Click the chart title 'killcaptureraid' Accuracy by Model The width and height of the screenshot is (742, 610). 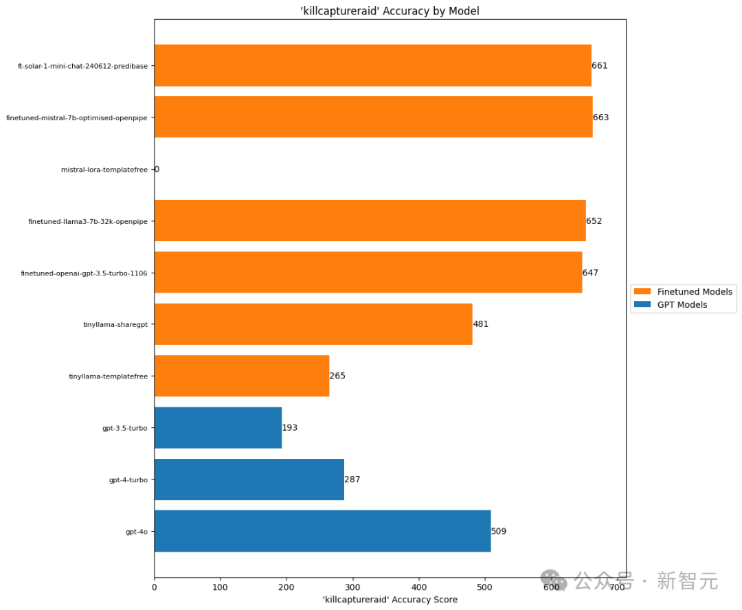point(390,10)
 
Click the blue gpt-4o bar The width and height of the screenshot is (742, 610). point(322,531)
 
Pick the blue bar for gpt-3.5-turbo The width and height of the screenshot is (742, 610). point(218,427)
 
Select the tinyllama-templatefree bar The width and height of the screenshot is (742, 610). point(242,376)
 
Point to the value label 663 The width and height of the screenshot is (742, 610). point(601,117)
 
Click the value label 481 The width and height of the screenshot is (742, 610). point(481,324)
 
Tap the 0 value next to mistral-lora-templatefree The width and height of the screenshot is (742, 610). point(157,169)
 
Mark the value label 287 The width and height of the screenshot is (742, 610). point(352,479)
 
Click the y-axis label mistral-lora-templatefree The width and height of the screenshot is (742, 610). point(104,170)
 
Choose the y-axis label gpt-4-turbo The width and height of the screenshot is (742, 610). point(128,480)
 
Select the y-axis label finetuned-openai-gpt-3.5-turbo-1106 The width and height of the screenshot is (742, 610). point(85,273)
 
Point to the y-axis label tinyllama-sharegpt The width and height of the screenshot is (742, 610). point(115,325)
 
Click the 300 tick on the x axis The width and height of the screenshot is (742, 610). point(352,587)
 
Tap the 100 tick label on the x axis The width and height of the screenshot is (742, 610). point(221,587)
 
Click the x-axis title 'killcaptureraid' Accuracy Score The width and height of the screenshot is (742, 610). point(390,600)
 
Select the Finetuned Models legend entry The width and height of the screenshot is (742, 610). point(695,292)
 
